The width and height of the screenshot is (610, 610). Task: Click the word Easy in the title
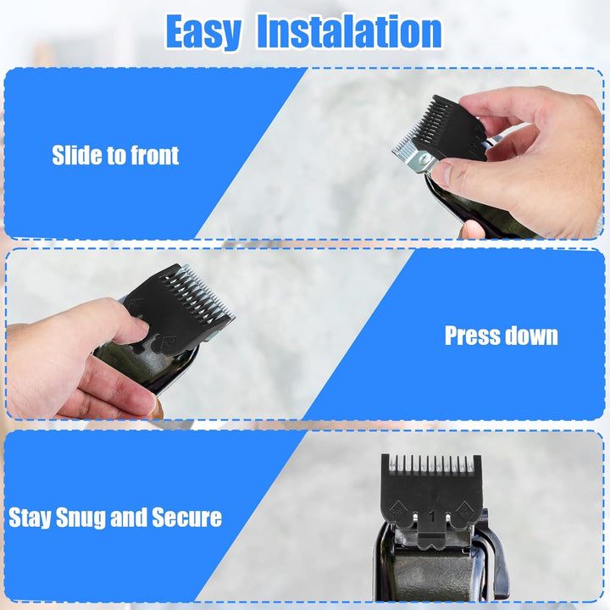(x=204, y=32)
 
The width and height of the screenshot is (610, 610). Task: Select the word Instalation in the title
(x=349, y=32)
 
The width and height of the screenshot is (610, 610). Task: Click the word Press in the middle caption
(x=472, y=335)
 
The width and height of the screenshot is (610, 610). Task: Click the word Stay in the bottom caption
(x=30, y=518)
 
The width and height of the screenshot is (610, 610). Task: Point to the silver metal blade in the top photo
(x=411, y=152)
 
